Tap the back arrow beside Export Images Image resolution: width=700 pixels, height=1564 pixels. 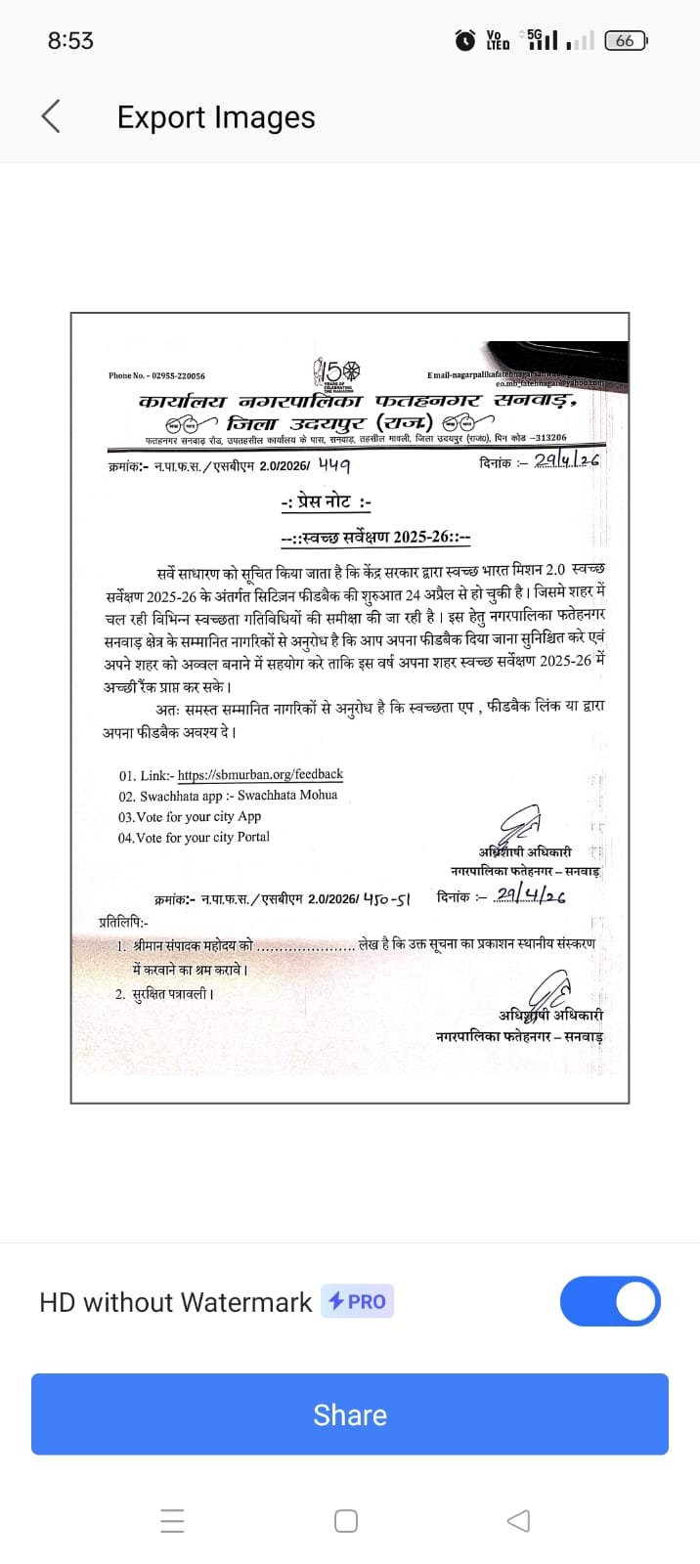tap(51, 116)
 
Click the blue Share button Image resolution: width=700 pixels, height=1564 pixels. tap(350, 1413)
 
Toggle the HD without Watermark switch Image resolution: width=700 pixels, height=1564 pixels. tap(610, 1301)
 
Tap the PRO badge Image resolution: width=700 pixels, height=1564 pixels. tap(357, 1301)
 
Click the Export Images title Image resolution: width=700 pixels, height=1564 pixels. tap(216, 117)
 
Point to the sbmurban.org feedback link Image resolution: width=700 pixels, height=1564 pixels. tap(260, 774)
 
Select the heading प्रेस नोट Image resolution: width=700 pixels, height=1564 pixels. tap(326, 502)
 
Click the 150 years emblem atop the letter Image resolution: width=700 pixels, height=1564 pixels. tap(337, 372)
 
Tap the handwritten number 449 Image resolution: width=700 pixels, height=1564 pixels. tap(333, 464)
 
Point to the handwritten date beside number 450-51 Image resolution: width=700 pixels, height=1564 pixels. tap(530, 894)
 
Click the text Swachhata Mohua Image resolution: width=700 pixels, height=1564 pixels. tap(287, 796)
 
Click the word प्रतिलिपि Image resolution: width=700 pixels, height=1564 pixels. tap(123, 921)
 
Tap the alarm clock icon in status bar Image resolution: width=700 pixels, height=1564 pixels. tap(465, 40)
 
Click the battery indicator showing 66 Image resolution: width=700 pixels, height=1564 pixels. tap(626, 40)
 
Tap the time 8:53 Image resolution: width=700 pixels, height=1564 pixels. tap(70, 40)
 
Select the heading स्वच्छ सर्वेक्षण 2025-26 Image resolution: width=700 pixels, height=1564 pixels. tap(375, 537)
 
